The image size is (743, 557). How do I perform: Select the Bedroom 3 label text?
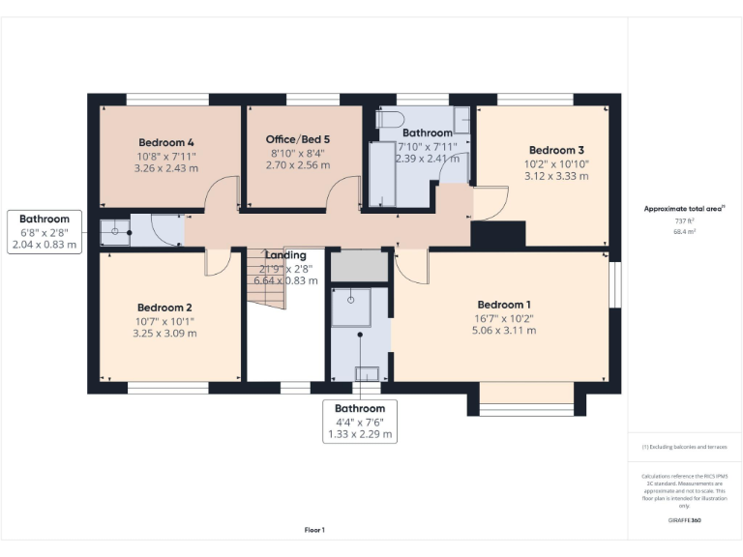pyautogui.click(x=556, y=150)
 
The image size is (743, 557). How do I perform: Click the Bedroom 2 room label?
pyautogui.click(x=164, y=308)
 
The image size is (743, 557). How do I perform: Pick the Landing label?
pyautogui.click(x=285, y=255)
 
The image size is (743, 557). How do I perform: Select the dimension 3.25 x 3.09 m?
pyautogui.click(x=164, y=334)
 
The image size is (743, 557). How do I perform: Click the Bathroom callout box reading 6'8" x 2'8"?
pyautogui.click(x=45, y=231)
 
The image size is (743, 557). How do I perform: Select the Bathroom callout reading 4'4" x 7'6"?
pyautogui.click(x=360, y=422)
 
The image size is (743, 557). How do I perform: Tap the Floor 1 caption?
pyautogui.click(x=314, y=529)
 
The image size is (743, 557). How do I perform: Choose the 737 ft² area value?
pyautogui.click(x=683, y=220)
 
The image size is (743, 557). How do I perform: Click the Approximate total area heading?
pyautogui.click(x=683, y=208)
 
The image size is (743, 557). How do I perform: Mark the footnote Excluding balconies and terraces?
pyautogui.click(x=683, y=447)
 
